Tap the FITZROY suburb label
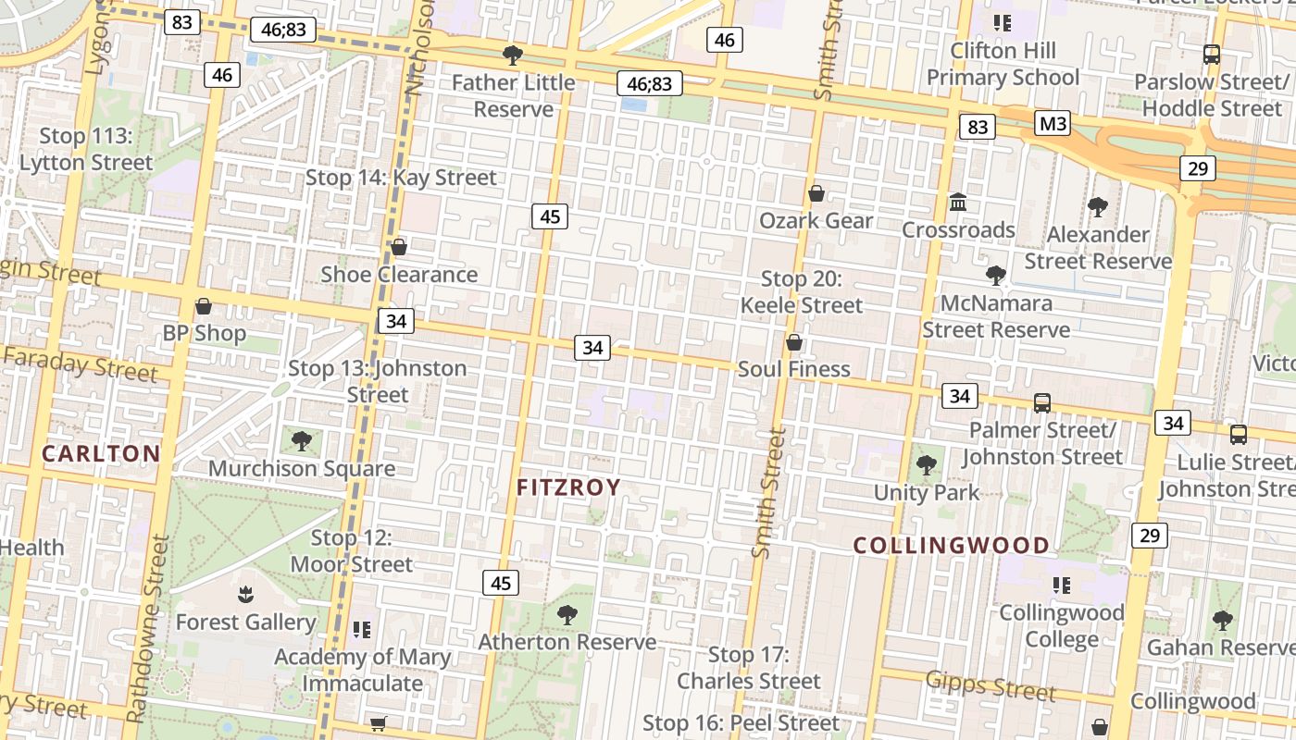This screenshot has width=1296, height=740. pyautogui.click(x=568, y=487)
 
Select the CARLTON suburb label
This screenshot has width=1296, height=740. pyautogui.click(x=102, y=453)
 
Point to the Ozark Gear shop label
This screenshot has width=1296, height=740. pyautogui.click(x=816, y=221)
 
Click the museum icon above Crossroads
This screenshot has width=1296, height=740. pyautogui.click(x=958, y=202)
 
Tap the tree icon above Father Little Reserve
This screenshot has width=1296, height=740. pyautogui.click(x=512, y=55)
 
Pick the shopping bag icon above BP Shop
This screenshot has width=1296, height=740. pyautogui.click(x=204, y=306)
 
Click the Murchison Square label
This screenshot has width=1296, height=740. pyautogui.click(x=302, y=468)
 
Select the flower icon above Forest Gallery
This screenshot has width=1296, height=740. pyautogui.click(x=245, y=594)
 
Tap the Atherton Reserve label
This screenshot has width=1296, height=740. pyautogui.click(x=567, y=642)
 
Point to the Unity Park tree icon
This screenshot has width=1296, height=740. pyautogui.click(x=926, y=465)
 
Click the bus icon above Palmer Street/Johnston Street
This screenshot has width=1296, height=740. pyautogui.click(x=1042, y=402)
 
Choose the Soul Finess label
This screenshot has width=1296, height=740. pyautogui.click(x=793, y=369)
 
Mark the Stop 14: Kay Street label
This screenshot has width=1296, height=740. pyautogui.click(x=401, y=177)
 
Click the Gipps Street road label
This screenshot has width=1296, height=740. pyautogui.click(x=990, y=685)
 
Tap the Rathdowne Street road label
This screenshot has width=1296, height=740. pyautogui.click(x=148, y=629)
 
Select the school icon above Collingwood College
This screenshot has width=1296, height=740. pyautogui.click(x=1061, y=585)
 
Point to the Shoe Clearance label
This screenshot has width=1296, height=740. pyautogui.click(x=399, y=275)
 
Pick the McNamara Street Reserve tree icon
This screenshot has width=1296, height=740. pyautogui.click(x=996, y=275)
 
